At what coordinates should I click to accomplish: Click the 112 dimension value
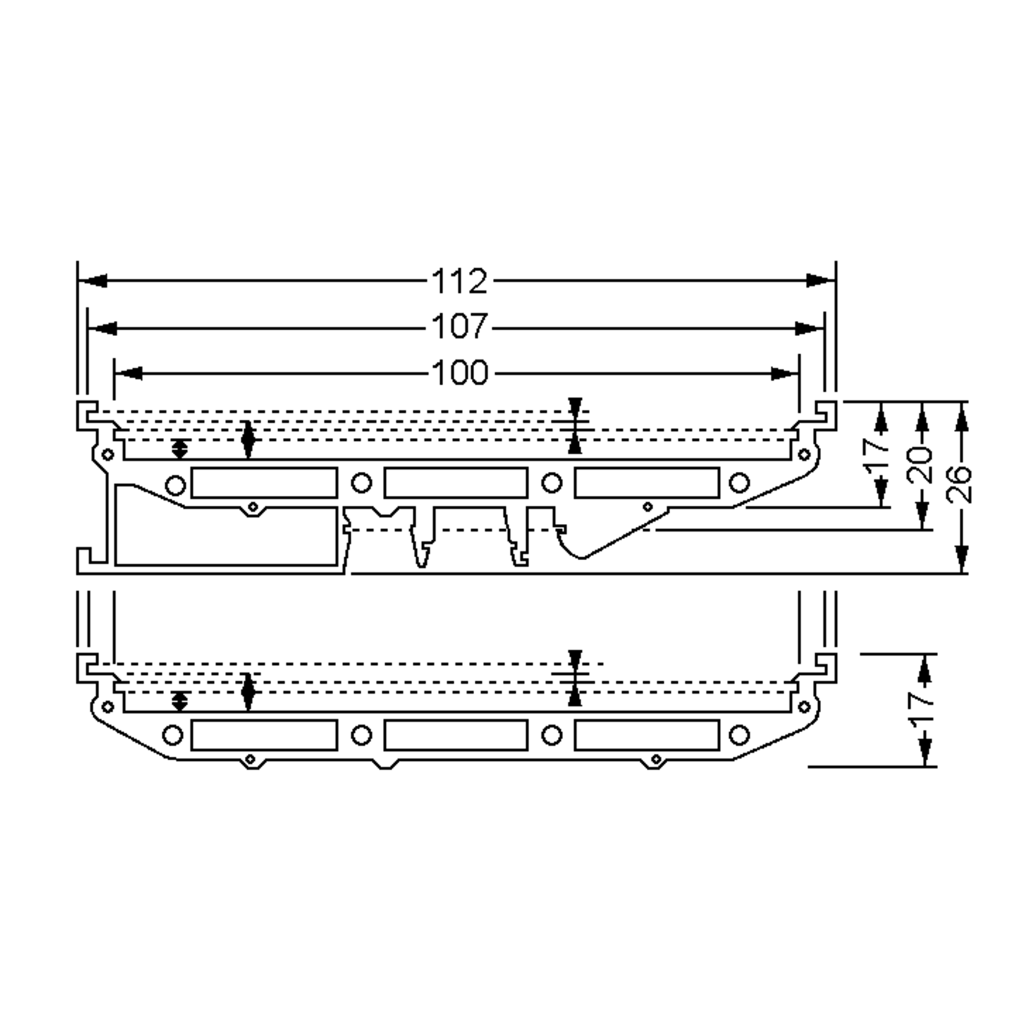click(x=459, y=281)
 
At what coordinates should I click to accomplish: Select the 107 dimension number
click(x=459, y=327)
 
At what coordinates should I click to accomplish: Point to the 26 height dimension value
click(x=958, y=484)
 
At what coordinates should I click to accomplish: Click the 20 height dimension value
click(x=920, y=464)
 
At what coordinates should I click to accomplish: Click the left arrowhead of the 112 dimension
click(x=92, y=280)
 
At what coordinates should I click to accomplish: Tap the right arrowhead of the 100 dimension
click(x=785, y=374)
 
